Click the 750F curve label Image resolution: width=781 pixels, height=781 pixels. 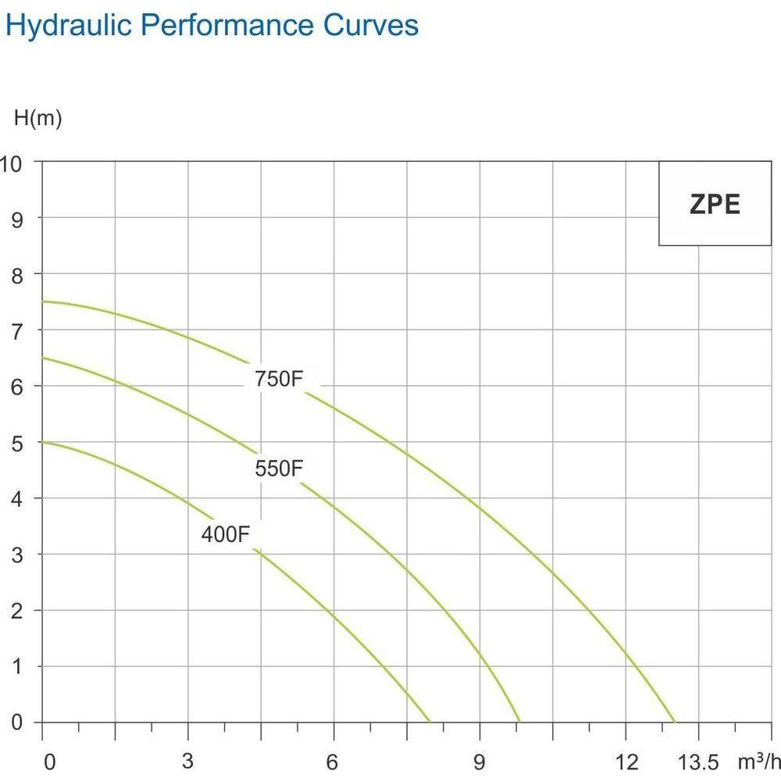pos(278,380)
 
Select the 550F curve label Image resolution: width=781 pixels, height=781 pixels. pos(278,469)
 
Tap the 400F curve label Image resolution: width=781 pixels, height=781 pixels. pos(225,536)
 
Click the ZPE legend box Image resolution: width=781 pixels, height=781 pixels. pos(715,204)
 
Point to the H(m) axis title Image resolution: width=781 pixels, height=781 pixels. pos(37,119)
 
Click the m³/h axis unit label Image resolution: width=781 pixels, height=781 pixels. pos(758,761)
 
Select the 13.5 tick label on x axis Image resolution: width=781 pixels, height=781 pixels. pos(697,762)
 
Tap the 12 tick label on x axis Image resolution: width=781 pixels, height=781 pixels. pos(626,762)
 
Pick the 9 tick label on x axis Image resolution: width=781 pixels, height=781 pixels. pos(480,762)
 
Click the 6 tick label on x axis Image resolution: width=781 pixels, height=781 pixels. pos(333,762)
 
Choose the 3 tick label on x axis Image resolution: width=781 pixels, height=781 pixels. pos(187,762)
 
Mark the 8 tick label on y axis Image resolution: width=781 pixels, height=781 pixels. pos(16,274)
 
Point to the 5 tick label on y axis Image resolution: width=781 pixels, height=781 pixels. pos(16,442)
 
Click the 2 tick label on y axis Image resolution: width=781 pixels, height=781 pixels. pos(16,610)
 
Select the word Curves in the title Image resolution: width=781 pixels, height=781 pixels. pos(371,25)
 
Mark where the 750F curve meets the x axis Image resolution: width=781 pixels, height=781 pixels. pos(675,722)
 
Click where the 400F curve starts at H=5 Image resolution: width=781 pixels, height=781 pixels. pos(42,442)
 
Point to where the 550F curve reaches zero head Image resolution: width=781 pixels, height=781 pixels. pos(519,722)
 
